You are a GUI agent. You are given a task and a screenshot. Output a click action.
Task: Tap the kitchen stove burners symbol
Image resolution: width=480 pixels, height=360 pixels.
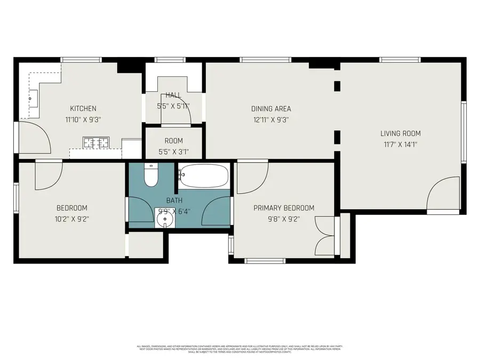click(x=96, y=142)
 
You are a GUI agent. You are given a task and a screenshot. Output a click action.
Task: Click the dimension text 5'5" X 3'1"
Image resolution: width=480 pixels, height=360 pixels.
click(x=173, y=152)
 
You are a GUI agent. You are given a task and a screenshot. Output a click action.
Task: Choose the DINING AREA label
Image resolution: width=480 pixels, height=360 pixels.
click(x=271, y=108)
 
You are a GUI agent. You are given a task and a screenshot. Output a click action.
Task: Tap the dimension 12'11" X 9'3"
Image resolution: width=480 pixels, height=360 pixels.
click(x=271, y=120)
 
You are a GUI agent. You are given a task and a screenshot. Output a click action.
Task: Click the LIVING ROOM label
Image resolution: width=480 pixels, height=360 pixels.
click(x=401, y=133)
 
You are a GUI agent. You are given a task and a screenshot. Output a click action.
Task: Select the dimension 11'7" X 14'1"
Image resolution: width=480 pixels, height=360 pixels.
click(x=401, y=145)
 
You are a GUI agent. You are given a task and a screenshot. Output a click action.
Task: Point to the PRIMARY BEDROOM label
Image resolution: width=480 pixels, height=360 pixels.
click(x=284, y=208)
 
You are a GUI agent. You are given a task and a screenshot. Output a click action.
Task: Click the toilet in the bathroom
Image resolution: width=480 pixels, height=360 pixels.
click(x=151, y=175)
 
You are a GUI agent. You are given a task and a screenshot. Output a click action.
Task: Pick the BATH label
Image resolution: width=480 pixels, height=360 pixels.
click(x=174, y=200)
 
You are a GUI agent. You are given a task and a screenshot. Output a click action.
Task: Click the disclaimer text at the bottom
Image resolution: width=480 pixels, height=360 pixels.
click(x=239, y=349)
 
